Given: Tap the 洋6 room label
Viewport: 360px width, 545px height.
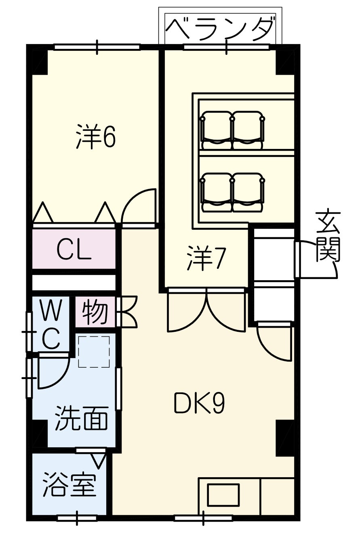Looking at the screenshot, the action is (x=95, y=136).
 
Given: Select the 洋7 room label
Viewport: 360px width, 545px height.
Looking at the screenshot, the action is (x=205, y=258).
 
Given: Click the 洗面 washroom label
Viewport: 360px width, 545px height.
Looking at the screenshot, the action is (x=81, y=417).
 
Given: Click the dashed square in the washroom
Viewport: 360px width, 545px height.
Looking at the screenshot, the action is (x=94, y=352).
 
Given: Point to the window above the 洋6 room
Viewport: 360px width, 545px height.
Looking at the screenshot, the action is (x=97, y=47).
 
